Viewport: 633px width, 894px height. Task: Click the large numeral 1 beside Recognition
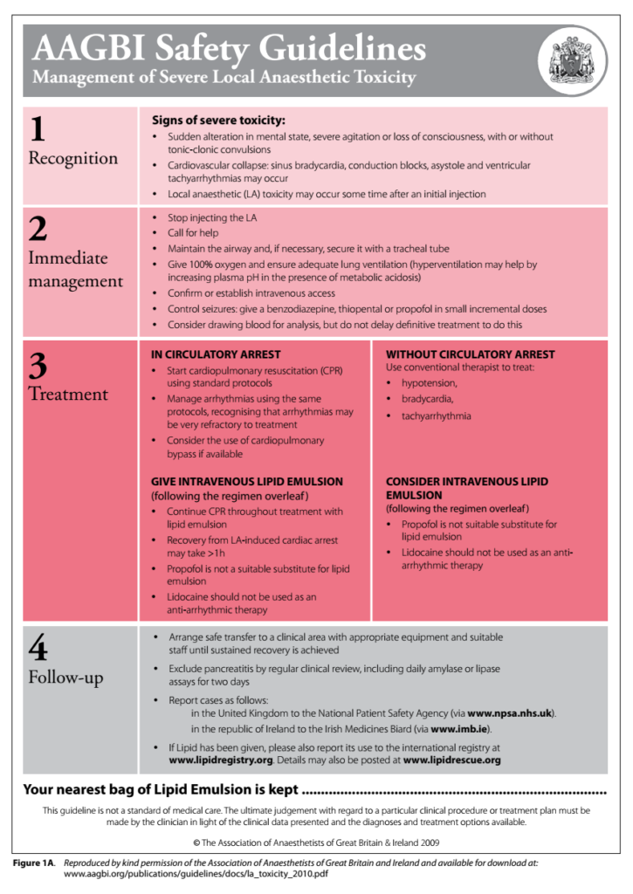pyautogui.click(x=38, y=129)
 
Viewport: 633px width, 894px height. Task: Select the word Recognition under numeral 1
pyautogui.click(x=72, y=158)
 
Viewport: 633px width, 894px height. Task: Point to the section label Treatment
pyautogui.click(x=68, y=394)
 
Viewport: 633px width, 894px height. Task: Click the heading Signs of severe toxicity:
pyautogui.click(x=218, y=120)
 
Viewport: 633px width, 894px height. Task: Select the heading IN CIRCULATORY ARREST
pyautogui.click(x=216, y=354)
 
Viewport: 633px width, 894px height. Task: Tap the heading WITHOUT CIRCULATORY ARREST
pyautogui.click(x=470, y=354)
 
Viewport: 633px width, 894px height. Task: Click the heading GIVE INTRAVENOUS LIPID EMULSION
pyautogui.click(x=247, y=481)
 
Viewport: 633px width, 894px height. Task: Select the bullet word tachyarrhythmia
pyautogui.click(x=436, y=416)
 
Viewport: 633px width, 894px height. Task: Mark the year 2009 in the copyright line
pyautogui.click(x=428, y=842)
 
